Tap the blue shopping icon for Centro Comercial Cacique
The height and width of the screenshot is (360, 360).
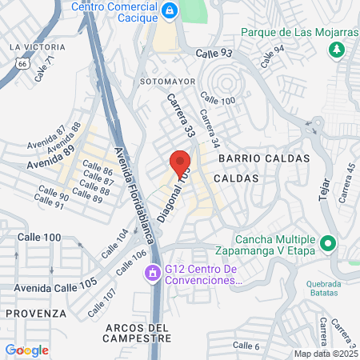(x=170, y=10)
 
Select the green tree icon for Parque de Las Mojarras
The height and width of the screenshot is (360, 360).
(x=337, y=50)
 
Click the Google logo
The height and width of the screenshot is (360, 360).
(x=26, y=350)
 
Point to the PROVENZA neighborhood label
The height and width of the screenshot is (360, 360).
(x=33, y=313)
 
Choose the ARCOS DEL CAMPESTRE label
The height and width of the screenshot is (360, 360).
(x=138, y=333)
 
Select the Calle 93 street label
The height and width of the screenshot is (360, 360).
(x=214, y=54)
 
